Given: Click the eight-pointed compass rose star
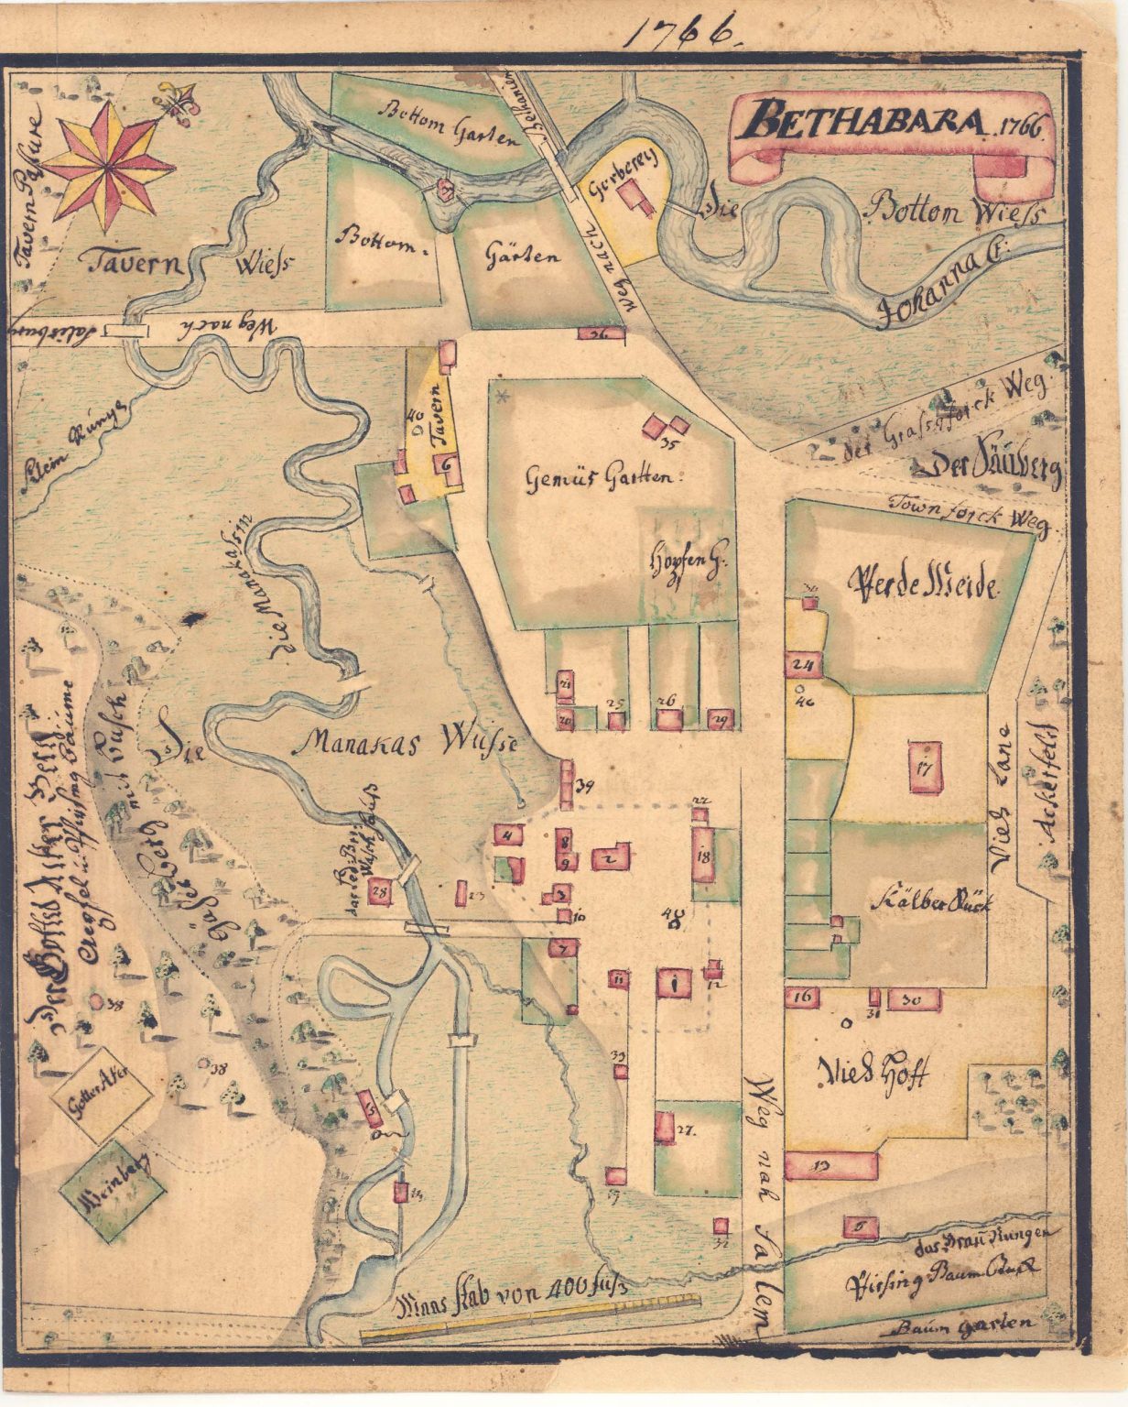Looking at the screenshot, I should tap(108, 166).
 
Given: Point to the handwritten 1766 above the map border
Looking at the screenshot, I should tap(682, 32).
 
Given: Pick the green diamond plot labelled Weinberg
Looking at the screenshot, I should tap(112, 1191).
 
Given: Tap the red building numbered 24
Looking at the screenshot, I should tap(805, 664).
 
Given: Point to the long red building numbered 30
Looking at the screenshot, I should tap(915, 999).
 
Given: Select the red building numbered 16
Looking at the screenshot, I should tap(804, 997).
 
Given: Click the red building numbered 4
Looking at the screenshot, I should tap(508, 834).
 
